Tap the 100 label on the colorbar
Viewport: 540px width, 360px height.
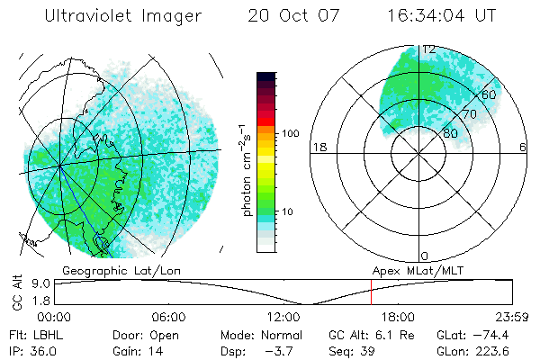289,133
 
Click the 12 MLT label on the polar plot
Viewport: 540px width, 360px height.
429,49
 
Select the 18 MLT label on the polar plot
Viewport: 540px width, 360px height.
318,147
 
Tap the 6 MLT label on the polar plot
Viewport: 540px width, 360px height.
523,147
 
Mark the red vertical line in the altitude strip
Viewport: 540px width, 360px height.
371,292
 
